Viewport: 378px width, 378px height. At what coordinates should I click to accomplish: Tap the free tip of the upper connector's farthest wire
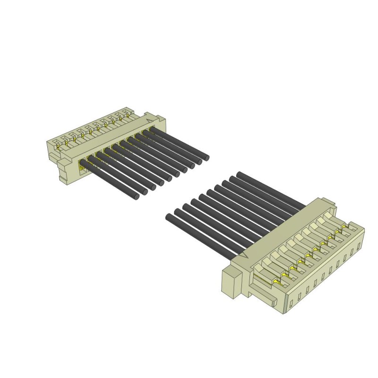206,156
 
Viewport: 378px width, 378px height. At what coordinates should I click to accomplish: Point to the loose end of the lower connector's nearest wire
169,217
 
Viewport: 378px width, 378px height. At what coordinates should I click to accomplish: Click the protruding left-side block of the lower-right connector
231,283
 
